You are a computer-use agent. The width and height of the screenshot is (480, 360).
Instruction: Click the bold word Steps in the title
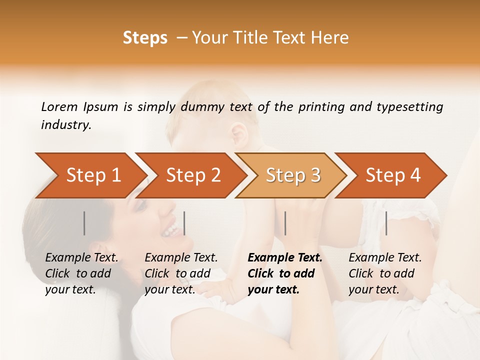145,38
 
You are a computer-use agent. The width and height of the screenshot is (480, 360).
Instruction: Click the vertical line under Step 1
84,223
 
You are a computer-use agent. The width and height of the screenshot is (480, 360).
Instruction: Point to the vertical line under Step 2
184,223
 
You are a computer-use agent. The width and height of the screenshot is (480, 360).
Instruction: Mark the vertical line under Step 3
285,223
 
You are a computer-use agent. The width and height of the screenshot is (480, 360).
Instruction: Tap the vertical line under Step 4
386,223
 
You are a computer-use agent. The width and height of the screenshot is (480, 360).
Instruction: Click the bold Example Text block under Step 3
284,273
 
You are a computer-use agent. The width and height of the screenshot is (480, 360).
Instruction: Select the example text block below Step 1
81,273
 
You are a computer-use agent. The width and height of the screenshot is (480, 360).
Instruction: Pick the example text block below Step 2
181,273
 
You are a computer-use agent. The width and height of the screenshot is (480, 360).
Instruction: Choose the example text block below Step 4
385,273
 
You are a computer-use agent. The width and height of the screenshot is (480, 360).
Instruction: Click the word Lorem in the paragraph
59,107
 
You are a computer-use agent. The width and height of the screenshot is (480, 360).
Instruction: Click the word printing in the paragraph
320,107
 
